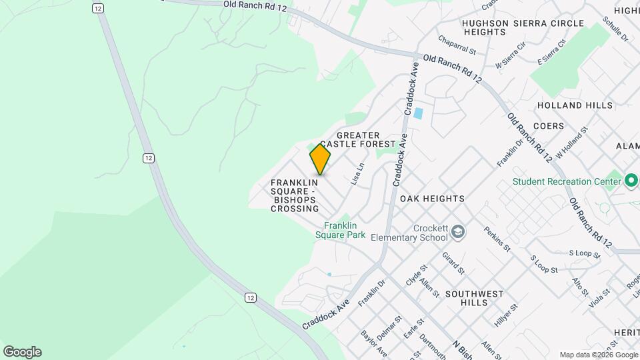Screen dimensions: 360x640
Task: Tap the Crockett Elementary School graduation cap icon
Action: (x=458, y=231)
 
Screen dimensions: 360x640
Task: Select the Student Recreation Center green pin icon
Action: (x=631, y=181)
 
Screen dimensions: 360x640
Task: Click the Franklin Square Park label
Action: (x=345, y=230)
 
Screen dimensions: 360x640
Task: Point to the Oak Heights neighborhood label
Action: (x=432, y=199)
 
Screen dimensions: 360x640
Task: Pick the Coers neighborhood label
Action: (x=549, y=126)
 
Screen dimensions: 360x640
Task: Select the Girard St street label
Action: (x=453, y=262)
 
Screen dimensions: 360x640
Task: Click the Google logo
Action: (x=22, y=352)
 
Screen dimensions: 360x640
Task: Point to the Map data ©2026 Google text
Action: (x=598, y=355)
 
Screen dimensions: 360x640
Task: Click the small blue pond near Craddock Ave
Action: (x=418, y=113)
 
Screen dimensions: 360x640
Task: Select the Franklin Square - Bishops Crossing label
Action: (x=295, y=195)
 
